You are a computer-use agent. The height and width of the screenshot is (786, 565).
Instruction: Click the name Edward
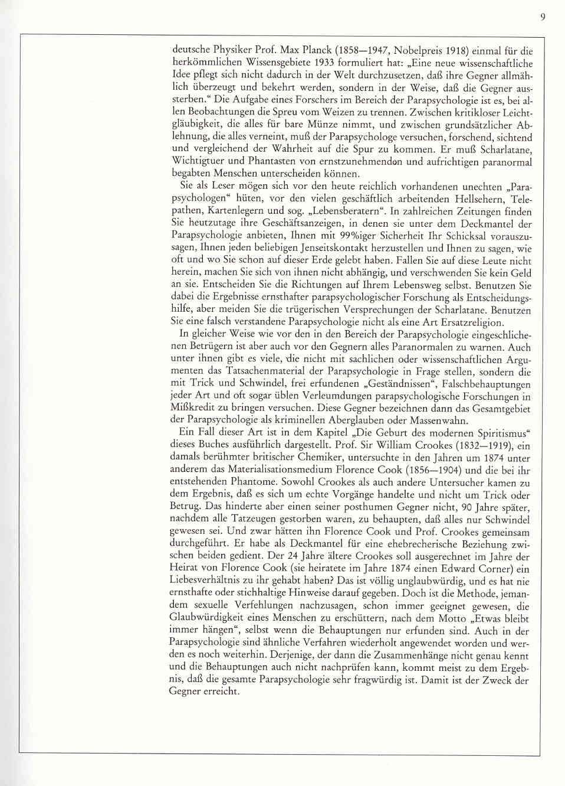point(450,569)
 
